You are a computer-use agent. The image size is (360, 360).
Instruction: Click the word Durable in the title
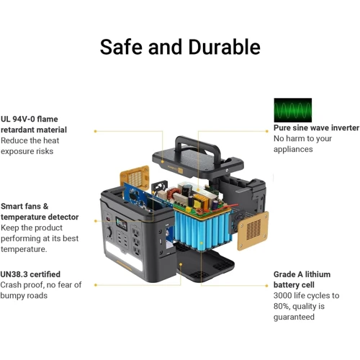click(224, 47)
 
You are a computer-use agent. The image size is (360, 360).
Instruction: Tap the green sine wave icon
click(293, 110)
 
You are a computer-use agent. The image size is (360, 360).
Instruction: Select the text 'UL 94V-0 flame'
click(30, 119)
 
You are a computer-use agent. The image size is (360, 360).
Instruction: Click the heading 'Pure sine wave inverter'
click(316, 127)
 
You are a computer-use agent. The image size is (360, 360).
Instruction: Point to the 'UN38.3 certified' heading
click(30, 274)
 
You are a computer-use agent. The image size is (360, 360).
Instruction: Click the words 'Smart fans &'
click(24, 206)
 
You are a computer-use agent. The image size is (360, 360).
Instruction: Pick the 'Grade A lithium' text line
click(302, 274)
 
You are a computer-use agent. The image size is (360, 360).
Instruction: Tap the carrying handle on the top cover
click(197, 146)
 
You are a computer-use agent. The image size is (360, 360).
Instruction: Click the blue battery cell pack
click(203, 230)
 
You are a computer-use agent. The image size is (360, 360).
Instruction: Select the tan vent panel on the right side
click(253, 231)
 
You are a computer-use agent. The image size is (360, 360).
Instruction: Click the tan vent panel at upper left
click(135, 178)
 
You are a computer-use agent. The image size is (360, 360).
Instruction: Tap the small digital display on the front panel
click(122, 224)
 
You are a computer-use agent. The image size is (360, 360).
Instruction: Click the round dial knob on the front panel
click(109, 232)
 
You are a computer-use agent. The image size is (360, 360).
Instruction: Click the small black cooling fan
click(159, 186)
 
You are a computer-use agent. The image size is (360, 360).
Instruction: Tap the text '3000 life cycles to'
click(306, 295)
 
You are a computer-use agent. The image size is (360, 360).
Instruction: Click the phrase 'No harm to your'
click(302, 138)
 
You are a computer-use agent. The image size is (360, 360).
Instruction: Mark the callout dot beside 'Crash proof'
click(96, 285)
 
